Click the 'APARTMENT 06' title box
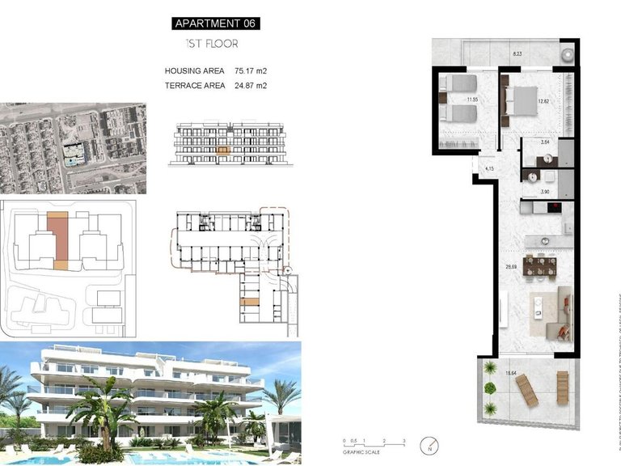coord(216,23)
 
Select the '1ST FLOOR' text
coord(209,44)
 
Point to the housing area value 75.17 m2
coord(251,71)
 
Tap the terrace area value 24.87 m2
coord(251,85)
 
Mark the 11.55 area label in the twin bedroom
coord(473,101)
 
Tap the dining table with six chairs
coord(539,265)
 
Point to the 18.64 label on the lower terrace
coord(511,373)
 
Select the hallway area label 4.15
coord(489,168)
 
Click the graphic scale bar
coord(373,443)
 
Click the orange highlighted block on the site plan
coord(57,239)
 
